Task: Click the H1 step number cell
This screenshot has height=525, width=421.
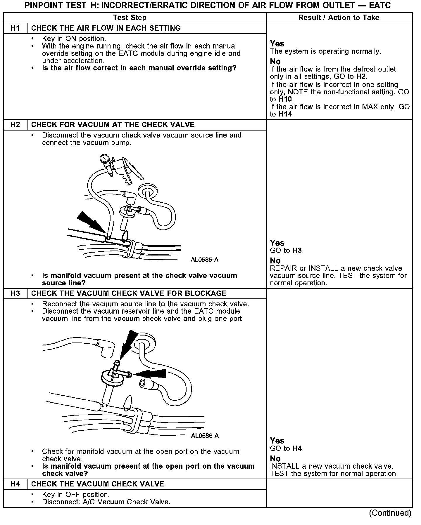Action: coord(15,28)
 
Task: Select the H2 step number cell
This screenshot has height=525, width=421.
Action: coord(15,125)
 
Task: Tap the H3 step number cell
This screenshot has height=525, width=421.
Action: coord(15,293)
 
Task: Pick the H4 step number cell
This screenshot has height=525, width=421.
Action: coord(15,484)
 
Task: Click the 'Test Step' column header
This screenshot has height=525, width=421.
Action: coord(130,18)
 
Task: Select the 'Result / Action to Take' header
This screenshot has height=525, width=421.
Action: coord(339,18)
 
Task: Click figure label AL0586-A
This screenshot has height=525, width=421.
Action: coord(205,436)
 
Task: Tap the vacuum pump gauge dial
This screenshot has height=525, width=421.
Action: coord(104,159)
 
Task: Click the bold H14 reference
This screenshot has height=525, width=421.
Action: coord(285,114)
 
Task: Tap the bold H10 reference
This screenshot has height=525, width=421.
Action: coord(286,99)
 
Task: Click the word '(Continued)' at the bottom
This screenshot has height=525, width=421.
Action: coord(390,513)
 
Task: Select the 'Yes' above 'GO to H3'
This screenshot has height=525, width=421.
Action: coord(277,243)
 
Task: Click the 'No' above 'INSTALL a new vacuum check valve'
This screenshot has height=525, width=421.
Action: coord(275,459)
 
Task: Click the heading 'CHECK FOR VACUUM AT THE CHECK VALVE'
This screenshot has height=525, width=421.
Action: coord(113,125)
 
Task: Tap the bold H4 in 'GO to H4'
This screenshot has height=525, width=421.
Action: coord(297,448)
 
